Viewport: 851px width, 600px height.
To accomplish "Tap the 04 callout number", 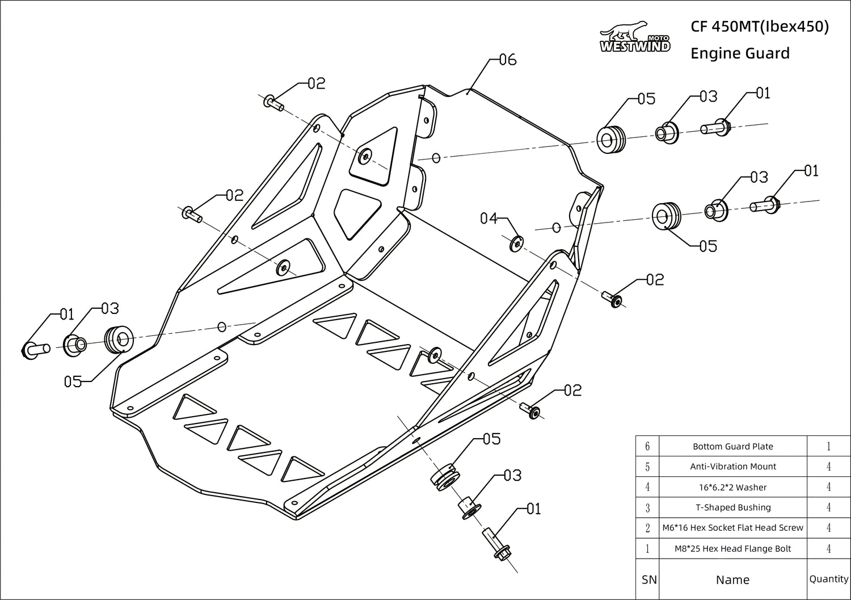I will [x=489, y=218].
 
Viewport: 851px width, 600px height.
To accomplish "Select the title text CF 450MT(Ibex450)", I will [x=760, y=27].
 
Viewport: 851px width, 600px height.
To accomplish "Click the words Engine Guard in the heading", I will [x=740, y=53].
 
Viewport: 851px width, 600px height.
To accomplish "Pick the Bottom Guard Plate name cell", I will [x=732, y=446].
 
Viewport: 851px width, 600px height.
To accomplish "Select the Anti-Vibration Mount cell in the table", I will [x=732, y=467].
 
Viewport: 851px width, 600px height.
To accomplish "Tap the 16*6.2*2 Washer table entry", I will [x=732, y=487].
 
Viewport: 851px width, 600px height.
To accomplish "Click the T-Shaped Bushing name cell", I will [x=732, y=507].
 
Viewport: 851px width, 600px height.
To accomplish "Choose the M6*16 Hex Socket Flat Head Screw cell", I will [x=732, y=528].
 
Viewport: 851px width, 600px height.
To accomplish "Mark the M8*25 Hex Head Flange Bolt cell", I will [x=732, y=549].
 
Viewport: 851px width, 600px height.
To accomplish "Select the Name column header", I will [x=732, y=580].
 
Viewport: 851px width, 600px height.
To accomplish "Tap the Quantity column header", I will [x=828, y=579].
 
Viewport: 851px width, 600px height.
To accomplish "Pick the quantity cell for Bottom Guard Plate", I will [x=828, y=446].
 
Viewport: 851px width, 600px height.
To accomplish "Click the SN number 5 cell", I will [x=647, y=467].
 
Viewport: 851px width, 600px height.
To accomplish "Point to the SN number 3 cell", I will [x=647, y=507].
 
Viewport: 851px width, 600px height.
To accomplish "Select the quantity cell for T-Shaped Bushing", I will [x=828, y=507].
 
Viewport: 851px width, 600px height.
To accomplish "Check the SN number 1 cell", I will [x=647, y=549].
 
